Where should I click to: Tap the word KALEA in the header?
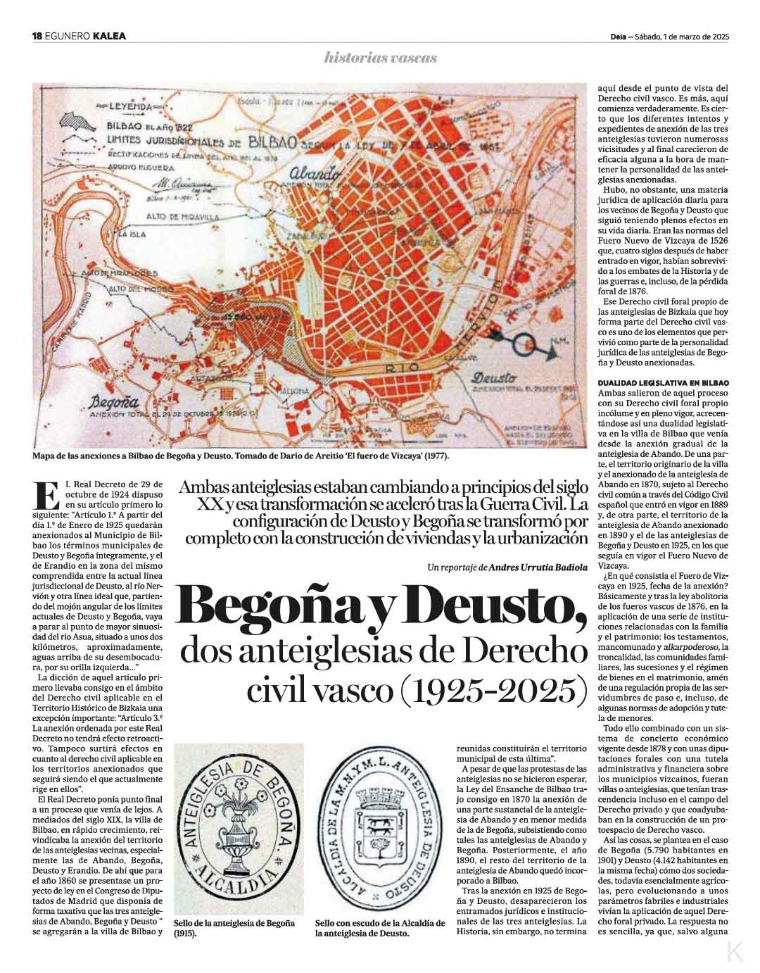[x=109, y=37]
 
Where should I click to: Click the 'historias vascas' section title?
[x=380, y=58]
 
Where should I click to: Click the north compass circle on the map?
[x=524, y=345]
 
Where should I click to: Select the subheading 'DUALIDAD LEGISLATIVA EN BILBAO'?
[x=663, y=382]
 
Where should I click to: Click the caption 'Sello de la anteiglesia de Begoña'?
[x=234, y=923]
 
